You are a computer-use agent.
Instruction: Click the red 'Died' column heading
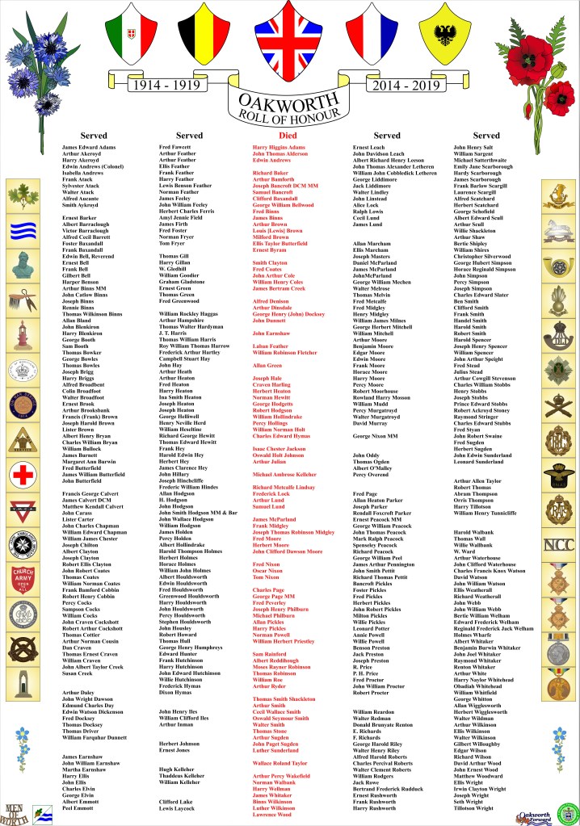tap(288, 136)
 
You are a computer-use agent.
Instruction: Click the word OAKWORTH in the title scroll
tap(288, 100)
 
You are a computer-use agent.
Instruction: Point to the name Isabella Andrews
tap(82, 173)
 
